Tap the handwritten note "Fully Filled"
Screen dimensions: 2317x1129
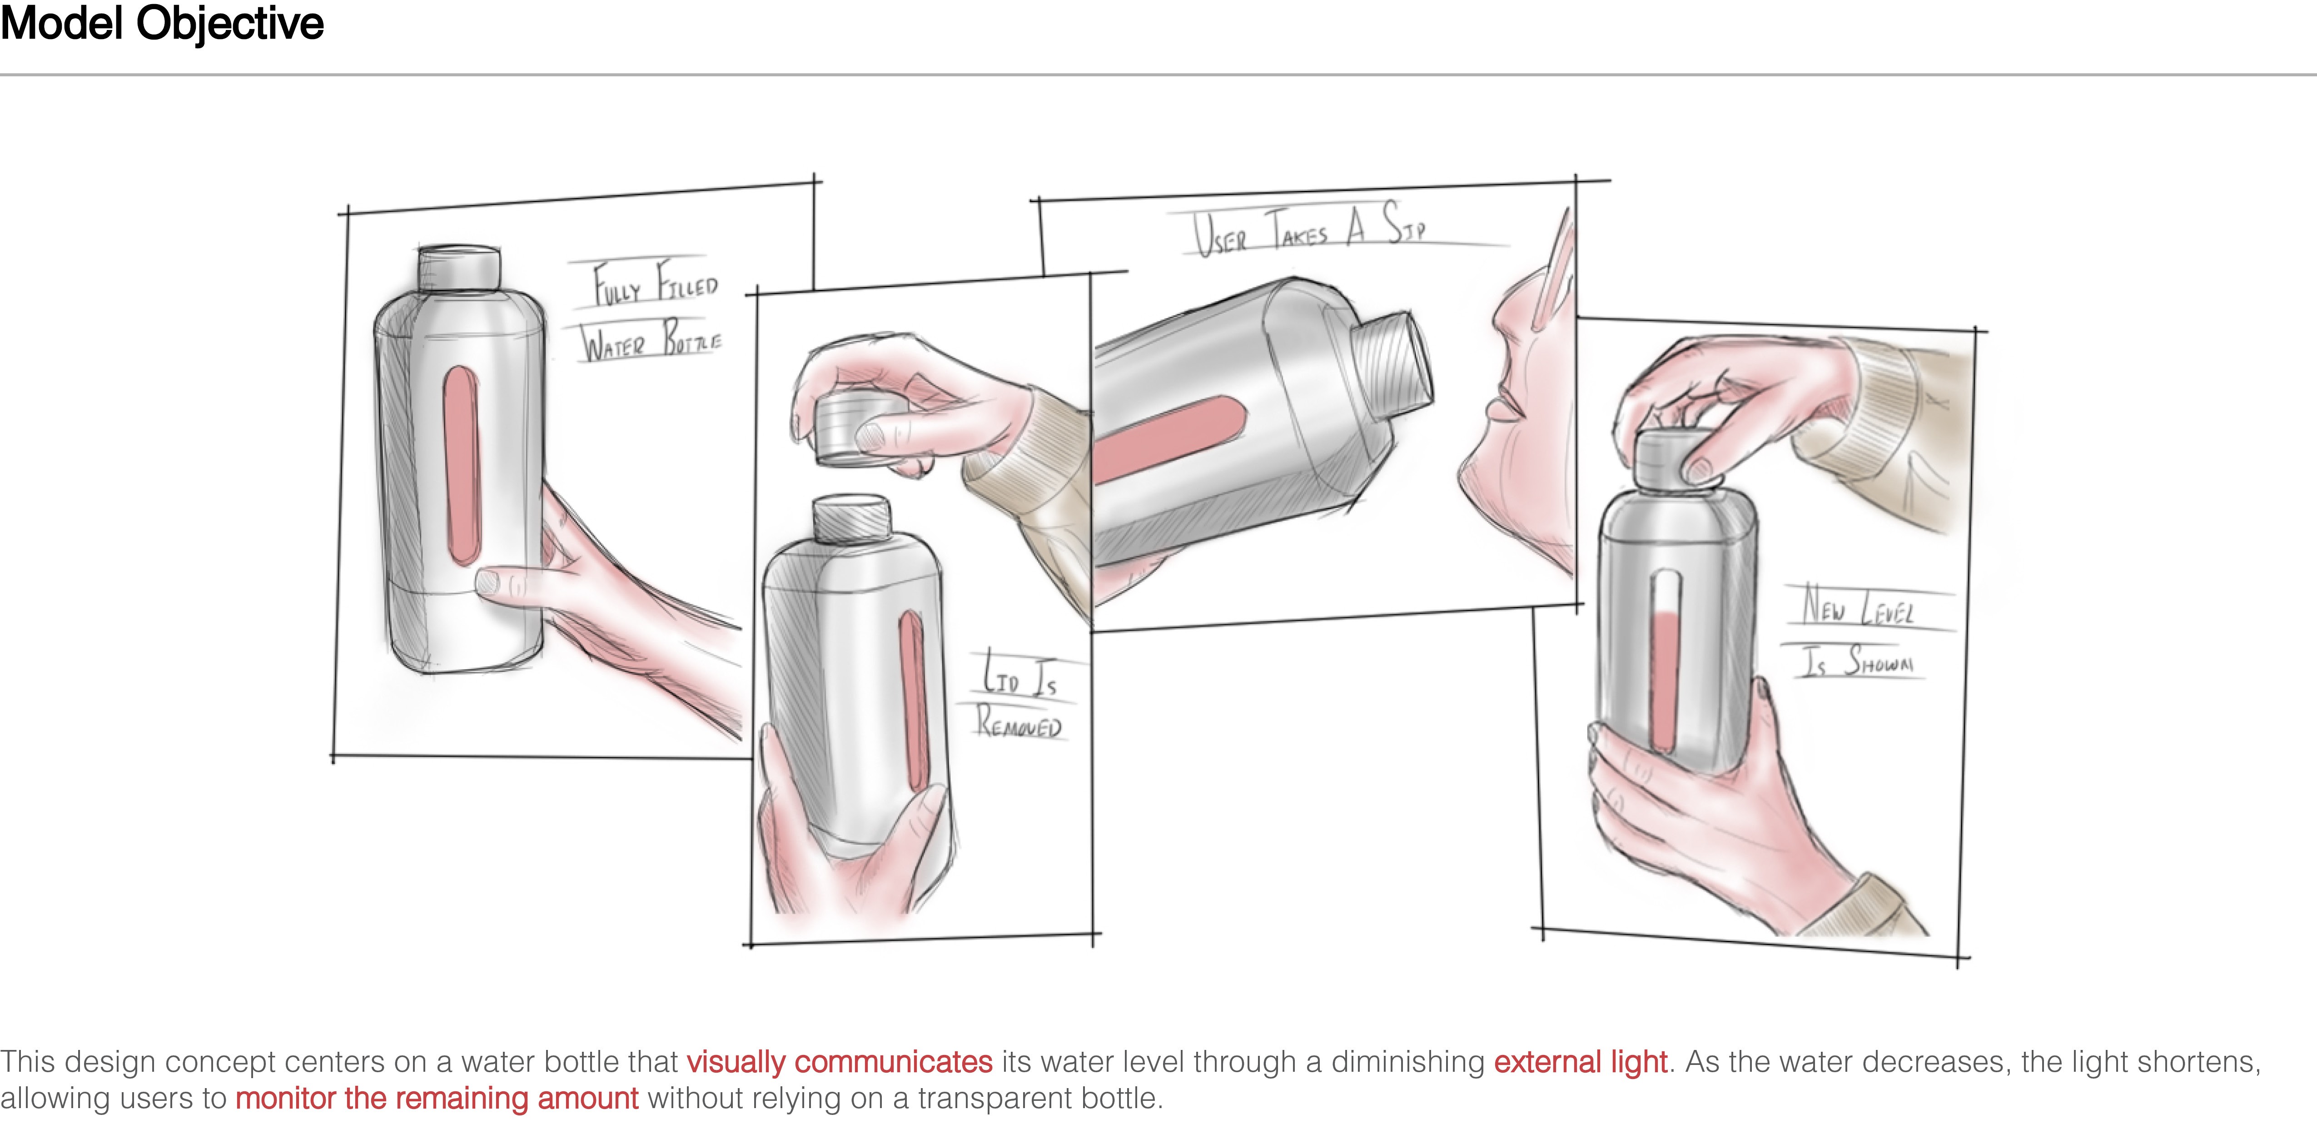point(655,283)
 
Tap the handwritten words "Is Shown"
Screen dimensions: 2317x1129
point(1855,660)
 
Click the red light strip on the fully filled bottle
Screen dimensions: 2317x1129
point(462,465)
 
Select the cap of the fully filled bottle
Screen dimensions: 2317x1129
point(459,268)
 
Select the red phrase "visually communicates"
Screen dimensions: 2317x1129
point(839,1061)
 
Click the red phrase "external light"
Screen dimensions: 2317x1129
point(1581,1061)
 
